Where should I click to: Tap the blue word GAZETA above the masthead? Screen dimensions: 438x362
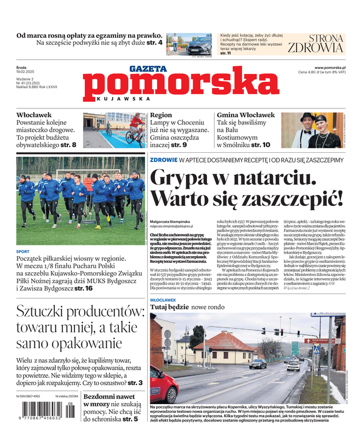pyautogui.click(x=148, y=69)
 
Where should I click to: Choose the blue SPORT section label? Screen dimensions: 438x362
pyautogui.click(x=23, y=252)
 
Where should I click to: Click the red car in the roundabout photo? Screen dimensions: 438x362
pyautogui.click(x=163, y=388)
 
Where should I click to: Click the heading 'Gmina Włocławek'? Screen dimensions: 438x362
pyautogui.click(x=246, y=115)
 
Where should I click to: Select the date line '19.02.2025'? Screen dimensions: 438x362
pyautogui.click(x=25, y=73)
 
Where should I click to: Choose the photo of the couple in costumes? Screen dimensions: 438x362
pyautogui.click(x=313, y=130)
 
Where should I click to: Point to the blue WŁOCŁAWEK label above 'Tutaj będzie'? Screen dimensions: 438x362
pyautogui.click(x=163, y=301)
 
